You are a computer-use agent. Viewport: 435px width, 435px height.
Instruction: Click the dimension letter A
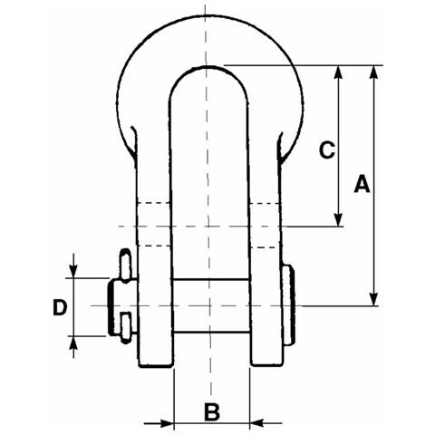[362, 183]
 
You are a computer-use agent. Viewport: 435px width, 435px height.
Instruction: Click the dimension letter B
[212, 411]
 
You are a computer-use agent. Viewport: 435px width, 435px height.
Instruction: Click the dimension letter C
[327, 150]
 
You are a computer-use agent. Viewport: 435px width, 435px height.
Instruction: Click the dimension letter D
[60, 307]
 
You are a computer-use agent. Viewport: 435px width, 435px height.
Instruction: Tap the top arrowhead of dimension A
[374, 72]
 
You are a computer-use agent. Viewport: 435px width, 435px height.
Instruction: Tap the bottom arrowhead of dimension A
[374, 298]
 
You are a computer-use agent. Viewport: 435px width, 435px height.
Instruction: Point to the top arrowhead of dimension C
[339, 72]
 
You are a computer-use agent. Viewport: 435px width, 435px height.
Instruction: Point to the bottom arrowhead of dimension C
[339, 219]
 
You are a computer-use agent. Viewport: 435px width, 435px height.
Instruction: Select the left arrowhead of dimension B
[167, 423]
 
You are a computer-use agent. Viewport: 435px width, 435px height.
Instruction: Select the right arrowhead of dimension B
[257, 423]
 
